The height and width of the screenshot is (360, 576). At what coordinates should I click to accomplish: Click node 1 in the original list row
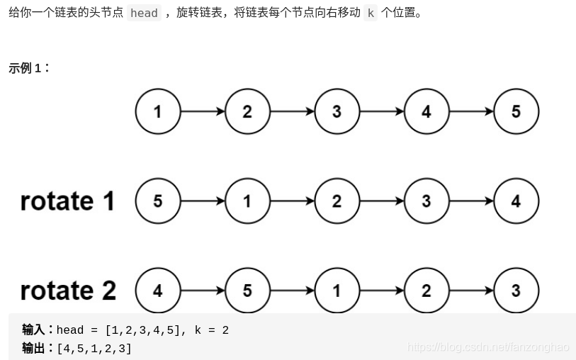coord(157,111)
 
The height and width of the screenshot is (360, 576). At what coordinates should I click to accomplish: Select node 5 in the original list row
coord(516,111)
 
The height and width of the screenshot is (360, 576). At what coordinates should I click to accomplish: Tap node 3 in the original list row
coord(337,111)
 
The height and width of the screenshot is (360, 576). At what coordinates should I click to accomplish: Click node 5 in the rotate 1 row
coord(157,201)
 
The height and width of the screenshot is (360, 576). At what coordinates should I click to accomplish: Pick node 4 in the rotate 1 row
coord(516,201)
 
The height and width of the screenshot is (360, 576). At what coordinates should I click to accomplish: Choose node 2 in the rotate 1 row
coord(337,201)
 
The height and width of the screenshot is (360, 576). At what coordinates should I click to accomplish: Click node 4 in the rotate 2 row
coord(157,291)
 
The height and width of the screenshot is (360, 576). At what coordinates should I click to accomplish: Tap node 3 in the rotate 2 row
coord(516,291)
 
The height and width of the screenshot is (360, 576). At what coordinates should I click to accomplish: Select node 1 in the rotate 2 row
coord(337,291)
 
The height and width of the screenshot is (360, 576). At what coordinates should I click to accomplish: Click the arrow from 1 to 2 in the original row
coord(202,111)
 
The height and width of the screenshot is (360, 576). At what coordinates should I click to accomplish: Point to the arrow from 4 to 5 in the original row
coord(471,111)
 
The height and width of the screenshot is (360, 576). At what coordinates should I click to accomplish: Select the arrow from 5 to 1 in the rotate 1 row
coord(202,201)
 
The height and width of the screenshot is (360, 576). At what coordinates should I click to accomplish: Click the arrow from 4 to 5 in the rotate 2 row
coord(202,291)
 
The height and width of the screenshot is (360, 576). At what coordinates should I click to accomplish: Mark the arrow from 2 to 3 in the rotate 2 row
coord(471,291)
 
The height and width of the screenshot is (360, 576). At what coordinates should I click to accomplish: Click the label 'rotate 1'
coord(67,201)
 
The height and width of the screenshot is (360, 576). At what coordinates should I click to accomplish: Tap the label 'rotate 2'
coord(68,291)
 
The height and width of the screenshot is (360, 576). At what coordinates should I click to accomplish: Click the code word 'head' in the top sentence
coord(144,13)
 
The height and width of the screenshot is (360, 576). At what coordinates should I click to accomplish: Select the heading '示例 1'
coord(28,68)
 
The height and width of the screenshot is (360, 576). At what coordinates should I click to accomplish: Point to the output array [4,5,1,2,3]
coord(94,348)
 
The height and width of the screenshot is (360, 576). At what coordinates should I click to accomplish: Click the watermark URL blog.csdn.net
coord(489,347)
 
